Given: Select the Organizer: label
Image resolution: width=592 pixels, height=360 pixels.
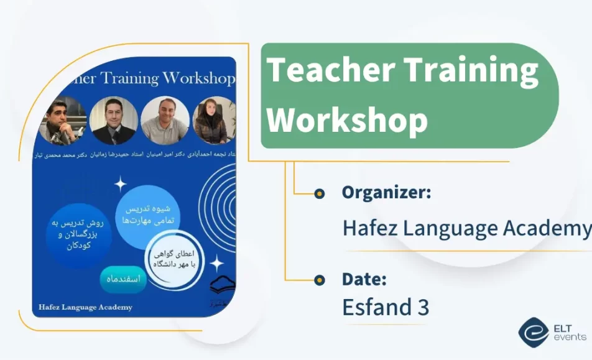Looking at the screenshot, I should (386, 192).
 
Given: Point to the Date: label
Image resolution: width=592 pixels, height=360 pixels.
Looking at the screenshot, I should (364, 279).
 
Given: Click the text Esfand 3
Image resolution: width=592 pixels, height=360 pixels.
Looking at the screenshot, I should (386, 307).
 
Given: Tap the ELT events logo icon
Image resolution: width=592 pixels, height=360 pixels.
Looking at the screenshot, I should (533, 332).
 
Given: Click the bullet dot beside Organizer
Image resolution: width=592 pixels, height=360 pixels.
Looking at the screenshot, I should (320, 193).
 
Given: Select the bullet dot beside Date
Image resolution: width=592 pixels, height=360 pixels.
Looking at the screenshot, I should (320, 280).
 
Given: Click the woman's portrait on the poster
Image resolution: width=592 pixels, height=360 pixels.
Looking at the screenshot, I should (211, 121).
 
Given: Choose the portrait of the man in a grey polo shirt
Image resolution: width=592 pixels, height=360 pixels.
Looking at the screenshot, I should (165, 121).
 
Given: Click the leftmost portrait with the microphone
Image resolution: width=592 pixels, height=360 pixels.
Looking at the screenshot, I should (63, 121).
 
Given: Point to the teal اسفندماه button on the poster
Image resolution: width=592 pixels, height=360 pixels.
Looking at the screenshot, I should (124, 280).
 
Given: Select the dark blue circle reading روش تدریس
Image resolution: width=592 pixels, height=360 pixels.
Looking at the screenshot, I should (78, 234).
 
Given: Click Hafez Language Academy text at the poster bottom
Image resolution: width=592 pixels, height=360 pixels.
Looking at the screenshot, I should (85, 307).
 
